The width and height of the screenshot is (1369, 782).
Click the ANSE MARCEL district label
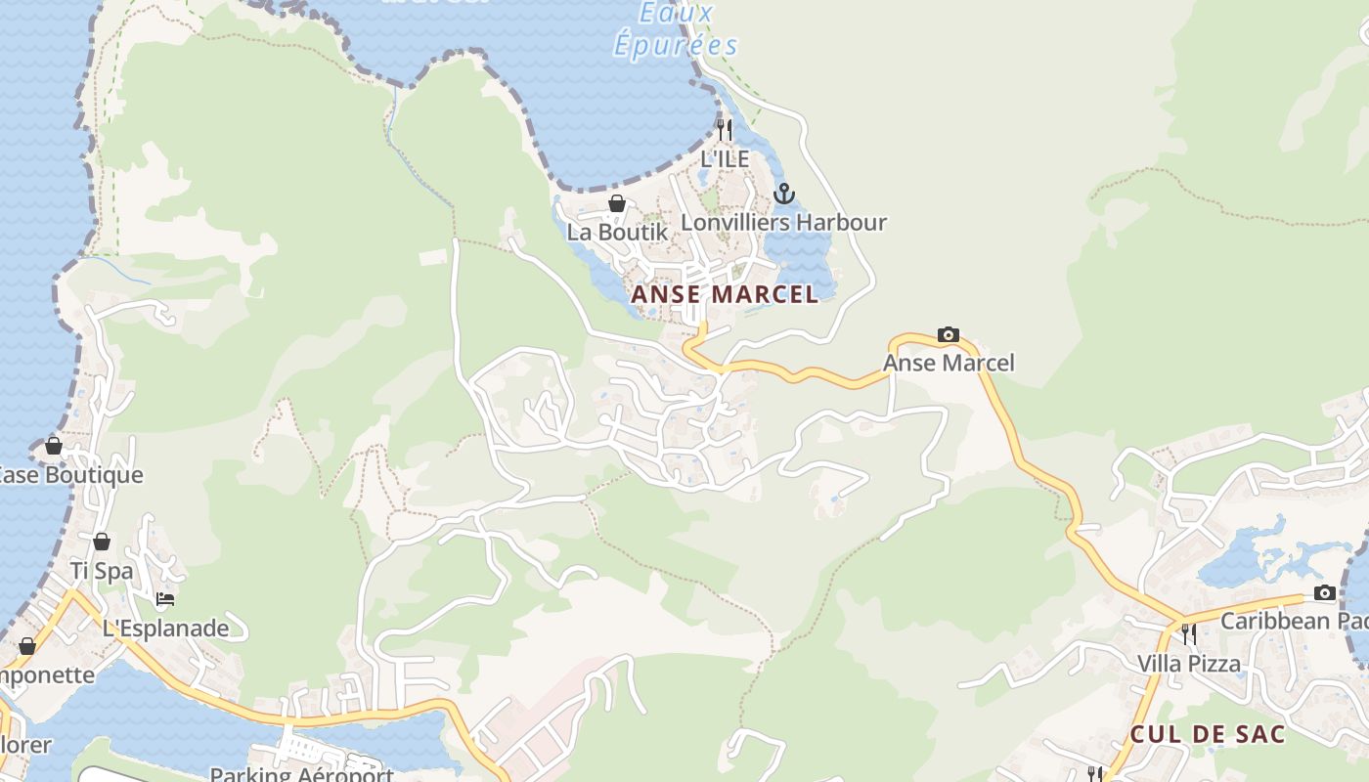point(725,294)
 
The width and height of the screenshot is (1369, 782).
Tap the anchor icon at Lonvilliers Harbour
point(783,194)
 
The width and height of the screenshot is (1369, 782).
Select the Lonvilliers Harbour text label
point(783,222)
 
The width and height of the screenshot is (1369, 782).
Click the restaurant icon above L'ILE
point(725,129)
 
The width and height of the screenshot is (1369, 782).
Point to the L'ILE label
point(725,158)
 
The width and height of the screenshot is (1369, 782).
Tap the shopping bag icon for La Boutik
point(617,203)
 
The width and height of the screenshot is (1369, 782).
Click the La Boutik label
point(617,232)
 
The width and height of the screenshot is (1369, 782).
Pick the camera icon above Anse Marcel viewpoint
point(948,335)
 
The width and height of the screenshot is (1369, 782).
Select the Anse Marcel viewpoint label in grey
point(949,364)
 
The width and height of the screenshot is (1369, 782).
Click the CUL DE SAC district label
point(1208,734)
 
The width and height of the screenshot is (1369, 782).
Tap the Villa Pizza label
point(1188,664)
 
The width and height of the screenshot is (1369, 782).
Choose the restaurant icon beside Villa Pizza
point(1188,634)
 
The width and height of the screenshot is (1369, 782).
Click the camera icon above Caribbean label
point(1324,592)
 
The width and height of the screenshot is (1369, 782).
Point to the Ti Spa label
point(101,571)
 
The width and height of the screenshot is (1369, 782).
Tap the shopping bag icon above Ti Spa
point(102,542)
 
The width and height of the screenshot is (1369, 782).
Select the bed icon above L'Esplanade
point(165,599)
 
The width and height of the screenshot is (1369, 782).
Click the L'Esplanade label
point(165,629)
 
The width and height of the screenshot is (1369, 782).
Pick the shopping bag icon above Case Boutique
point(53,446)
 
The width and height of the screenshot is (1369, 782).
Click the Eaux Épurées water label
point(676,29)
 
